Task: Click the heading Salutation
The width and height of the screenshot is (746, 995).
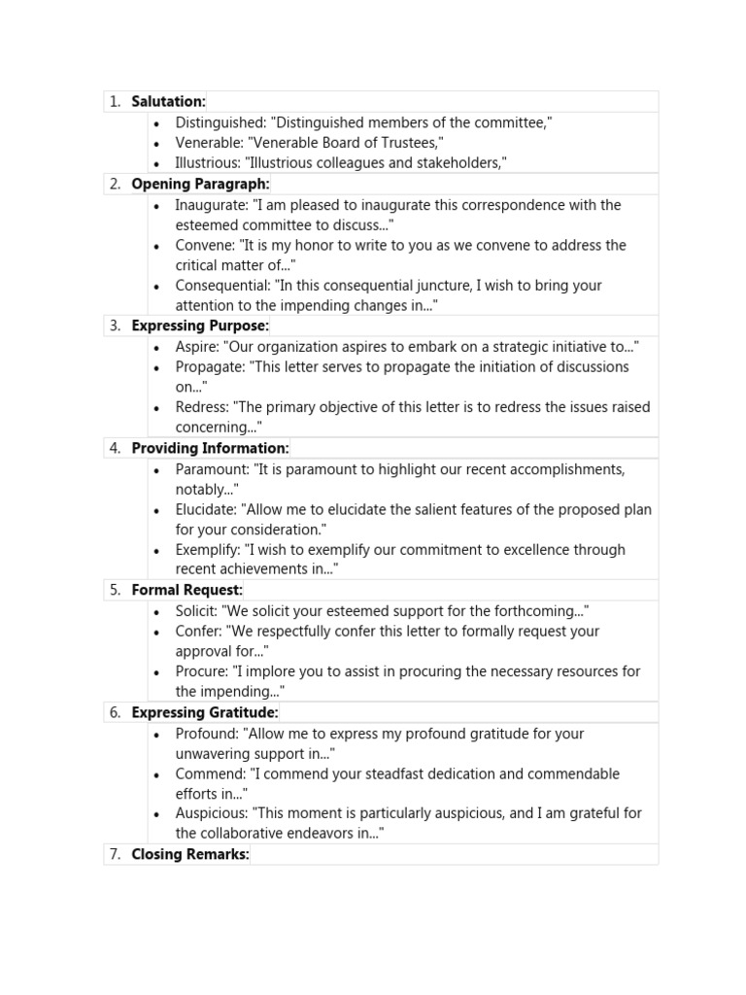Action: [168, 102]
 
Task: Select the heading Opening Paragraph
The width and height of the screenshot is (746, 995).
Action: [200, 184]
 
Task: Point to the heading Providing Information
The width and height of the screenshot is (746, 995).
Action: [210, 448]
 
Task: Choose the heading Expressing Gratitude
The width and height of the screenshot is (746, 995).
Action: [204, 712]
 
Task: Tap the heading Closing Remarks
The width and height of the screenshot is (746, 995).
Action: [190, 854]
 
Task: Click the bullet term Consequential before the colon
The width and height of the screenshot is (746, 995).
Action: [222, 286]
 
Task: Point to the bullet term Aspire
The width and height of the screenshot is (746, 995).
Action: [197, 347]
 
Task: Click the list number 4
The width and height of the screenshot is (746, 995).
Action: [116, 448]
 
